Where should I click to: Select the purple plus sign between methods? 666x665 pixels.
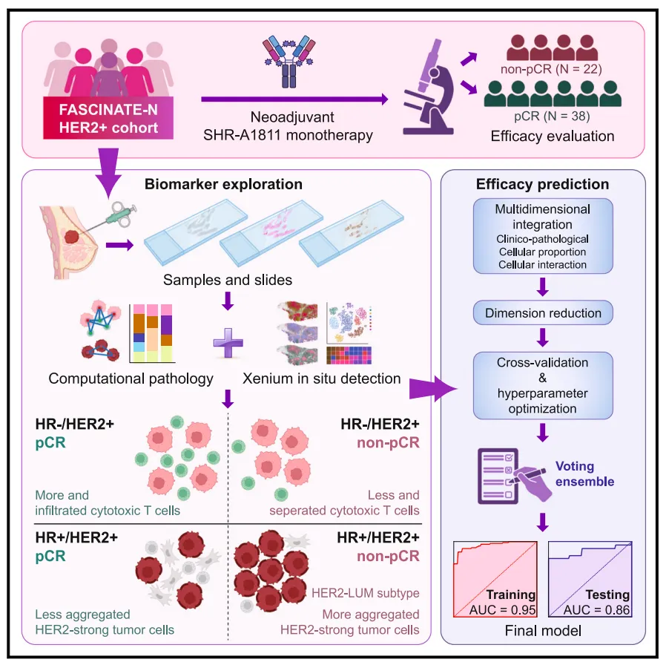[227, 342]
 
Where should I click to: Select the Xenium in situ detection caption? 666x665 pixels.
[321, 378]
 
